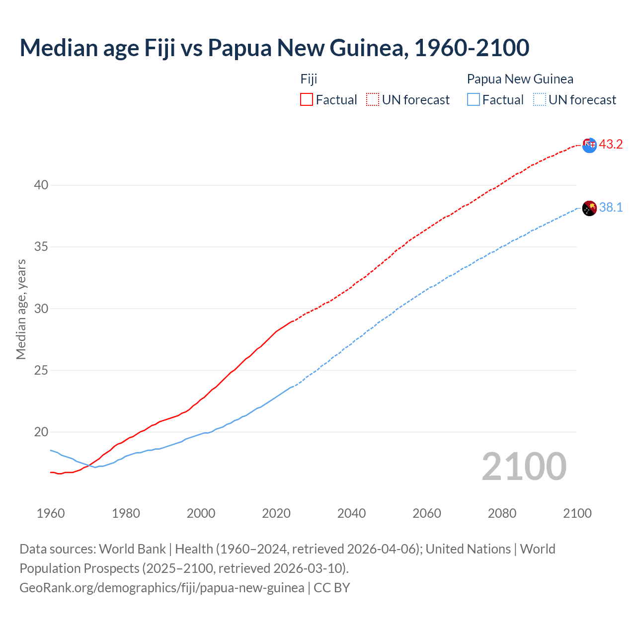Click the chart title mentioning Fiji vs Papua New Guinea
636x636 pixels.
pos(274,48)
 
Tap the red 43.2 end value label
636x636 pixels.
pos(611,145)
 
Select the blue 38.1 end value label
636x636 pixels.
pos(611,208)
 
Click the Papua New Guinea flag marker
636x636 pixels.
pos(589,208)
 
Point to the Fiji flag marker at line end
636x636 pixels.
pos(589,145)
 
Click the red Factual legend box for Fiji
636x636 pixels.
pos(307,100)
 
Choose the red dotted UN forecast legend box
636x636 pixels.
pos(373,100)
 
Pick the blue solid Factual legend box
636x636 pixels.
pos(474,100)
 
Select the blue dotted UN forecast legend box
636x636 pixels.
pos(540,100)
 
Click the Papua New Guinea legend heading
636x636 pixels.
pos(520,79)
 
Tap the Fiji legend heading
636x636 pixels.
pos(309,79)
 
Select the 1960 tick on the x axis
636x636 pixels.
pos(51,513)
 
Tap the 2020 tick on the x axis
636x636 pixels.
pos(276,513)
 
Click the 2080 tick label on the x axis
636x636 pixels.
pos(502,513)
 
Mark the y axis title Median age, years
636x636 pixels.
pos(21,309)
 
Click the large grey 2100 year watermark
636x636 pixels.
pos(524,467)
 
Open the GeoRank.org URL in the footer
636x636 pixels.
pos(161,588)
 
